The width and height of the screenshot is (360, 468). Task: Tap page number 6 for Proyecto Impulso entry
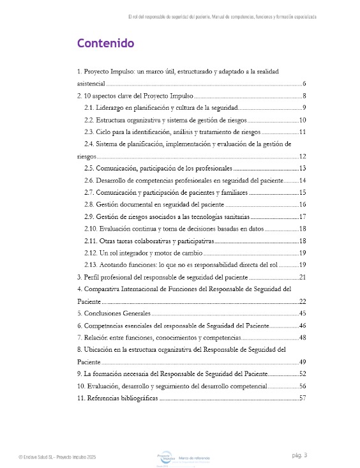305,84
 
